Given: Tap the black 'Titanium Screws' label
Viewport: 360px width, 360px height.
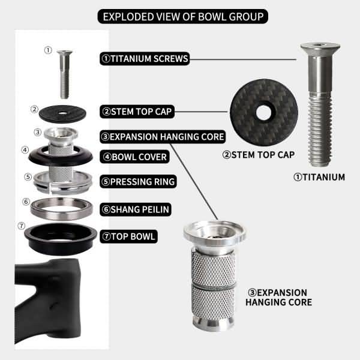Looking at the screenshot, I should point(145,59).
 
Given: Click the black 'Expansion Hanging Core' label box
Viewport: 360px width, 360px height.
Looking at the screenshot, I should point(163,137).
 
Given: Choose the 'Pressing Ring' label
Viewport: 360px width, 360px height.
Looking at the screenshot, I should point(138,181).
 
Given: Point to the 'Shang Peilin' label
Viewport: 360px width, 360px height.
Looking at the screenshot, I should point(135,210).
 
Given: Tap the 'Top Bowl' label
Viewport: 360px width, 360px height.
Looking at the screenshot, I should point(128,236).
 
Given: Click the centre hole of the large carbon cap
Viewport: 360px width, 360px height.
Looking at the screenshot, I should point(263,112).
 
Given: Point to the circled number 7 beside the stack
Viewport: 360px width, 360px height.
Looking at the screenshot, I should point(22,226).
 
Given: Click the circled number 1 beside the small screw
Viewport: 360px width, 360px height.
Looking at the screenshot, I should point(48,50).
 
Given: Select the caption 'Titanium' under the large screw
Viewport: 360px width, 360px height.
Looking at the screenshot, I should point(319,177).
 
